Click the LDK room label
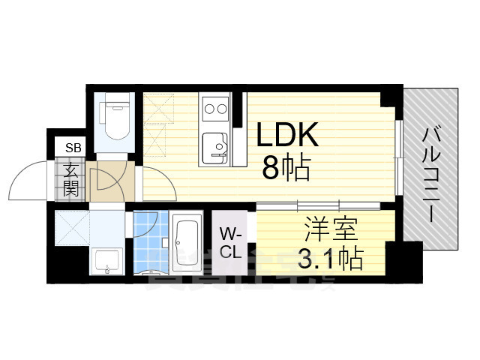(x=289, y=136)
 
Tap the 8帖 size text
(x=286, y=169)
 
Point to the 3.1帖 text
(x=331, y=259)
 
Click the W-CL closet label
(x=230, y=241)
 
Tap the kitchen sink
(x=216, y=145)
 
